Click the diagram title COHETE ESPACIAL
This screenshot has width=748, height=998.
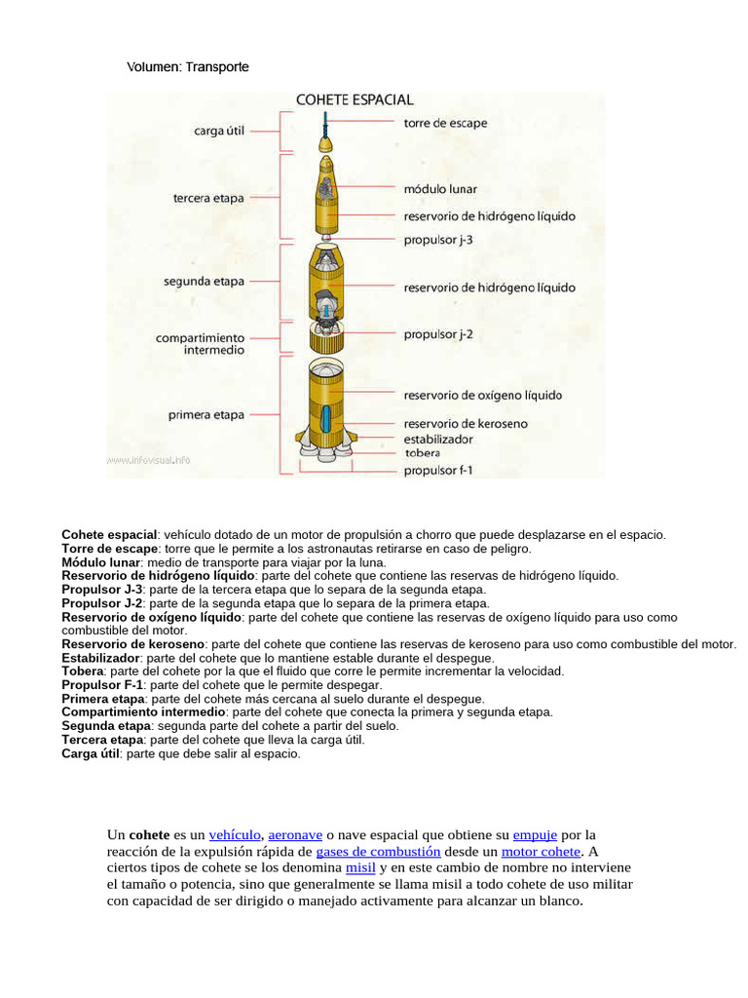pyautogui.click(x=355, y=99)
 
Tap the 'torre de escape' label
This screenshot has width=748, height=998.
pyautogui.click(x=445, y=124)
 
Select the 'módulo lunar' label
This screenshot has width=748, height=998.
pyautogui.click(x=440, y=189)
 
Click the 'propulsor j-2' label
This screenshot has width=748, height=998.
pyautogui.click(x=438, y=334)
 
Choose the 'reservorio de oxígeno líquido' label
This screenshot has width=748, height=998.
pyautogui.click(x=483, y=396)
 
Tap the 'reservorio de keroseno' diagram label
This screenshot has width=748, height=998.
pyautogui.click(x=465, y=424)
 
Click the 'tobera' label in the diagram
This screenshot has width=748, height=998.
pyautogui.click(x=422, y=453)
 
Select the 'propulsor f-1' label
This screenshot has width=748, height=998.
pyautogui.click(x=438, y=472)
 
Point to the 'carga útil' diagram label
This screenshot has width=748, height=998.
pyautogui.click(x=222, y=131)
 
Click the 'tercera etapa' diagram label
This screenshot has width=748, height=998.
pyautogui.click(x=208, y=198)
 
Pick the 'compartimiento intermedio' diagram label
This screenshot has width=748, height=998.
pyautogui.click(x=200, y=343)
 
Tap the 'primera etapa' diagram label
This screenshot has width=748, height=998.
pyautogui.click(x=206, y=415)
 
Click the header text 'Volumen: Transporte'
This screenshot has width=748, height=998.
pyautogui.click(x=188, y=67)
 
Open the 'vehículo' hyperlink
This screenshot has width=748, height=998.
pyautogui.click(x=234, y=835)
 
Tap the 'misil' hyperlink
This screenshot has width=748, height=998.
pyautogui.click(x=360, y=867)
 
